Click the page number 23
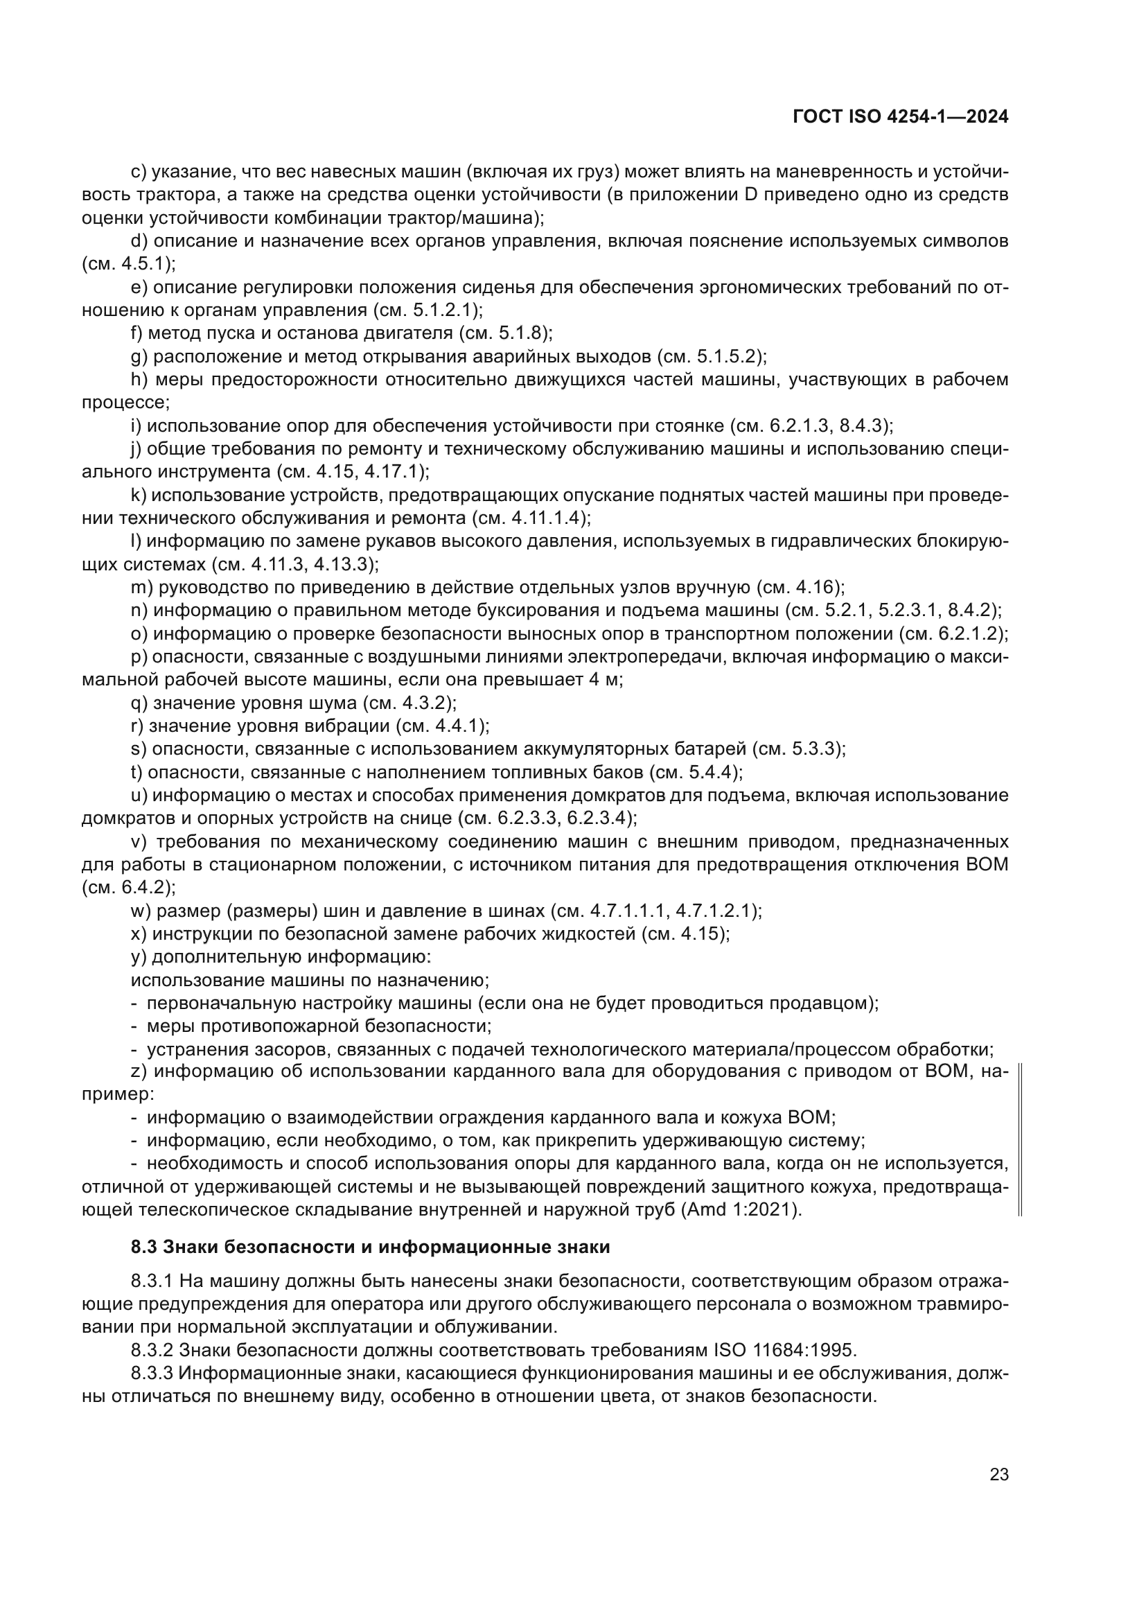(998, 1475)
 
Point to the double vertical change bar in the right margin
(1021, 1140)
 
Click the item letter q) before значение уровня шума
(140, 703)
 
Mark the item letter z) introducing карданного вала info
(140, 1071)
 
